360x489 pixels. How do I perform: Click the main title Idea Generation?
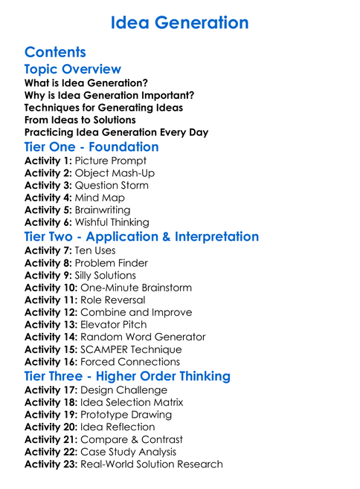(x=180, y=23)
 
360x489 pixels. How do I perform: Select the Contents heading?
(x=55, y=52)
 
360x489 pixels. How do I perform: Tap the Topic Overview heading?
(x=72, y=69)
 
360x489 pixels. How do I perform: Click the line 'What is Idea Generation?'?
(x=86, y=83)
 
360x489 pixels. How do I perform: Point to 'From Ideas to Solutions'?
(x=80, y=120)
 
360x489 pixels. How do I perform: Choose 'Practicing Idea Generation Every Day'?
(x=116, y=132)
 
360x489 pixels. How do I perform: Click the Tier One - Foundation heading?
(x=91, y=146)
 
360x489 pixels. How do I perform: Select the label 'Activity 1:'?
(x=48, y=161)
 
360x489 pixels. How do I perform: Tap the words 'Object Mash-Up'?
(x=112, y=173)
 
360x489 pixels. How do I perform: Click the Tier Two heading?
(x=141, y=236)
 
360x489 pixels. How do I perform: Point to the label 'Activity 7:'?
(x=48, y=250)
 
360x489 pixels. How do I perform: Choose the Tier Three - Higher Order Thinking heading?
(x=127, y=376)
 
